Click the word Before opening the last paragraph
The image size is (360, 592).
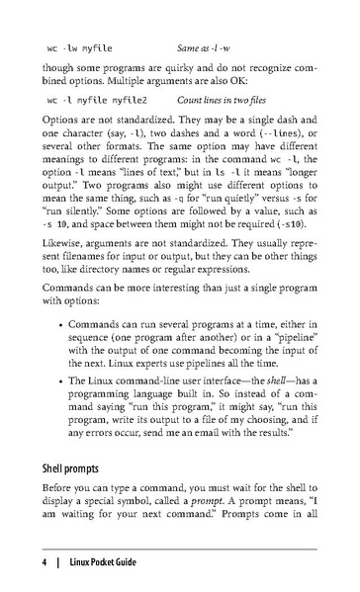[59, 487]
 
